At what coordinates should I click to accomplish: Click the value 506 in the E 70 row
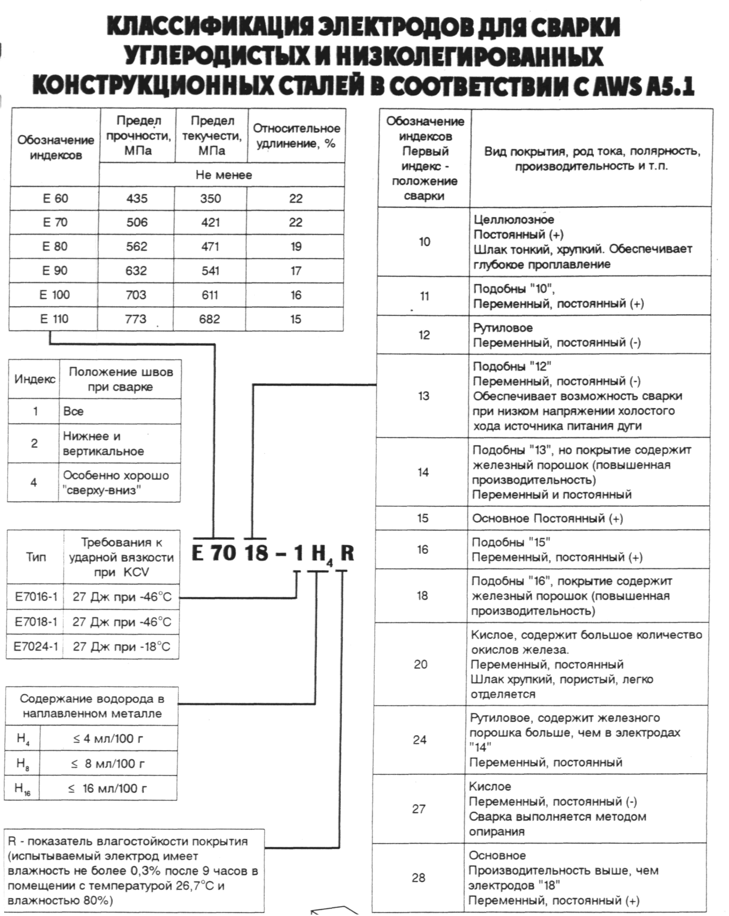[x=137, y=222]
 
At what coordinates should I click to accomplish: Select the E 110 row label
[x=54, y=319]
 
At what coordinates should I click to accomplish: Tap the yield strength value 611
[x=210, y=295]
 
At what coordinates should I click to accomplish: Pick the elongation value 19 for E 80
[x=296, y=246]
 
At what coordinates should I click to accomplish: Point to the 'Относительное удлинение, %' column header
[x=296, y=136]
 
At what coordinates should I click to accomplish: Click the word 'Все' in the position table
[x=73, y=411]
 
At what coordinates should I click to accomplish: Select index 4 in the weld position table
[x=33, y=482]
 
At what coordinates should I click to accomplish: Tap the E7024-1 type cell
[x=35, y=647]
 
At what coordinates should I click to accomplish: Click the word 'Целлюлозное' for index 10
[x=514, y=220]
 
